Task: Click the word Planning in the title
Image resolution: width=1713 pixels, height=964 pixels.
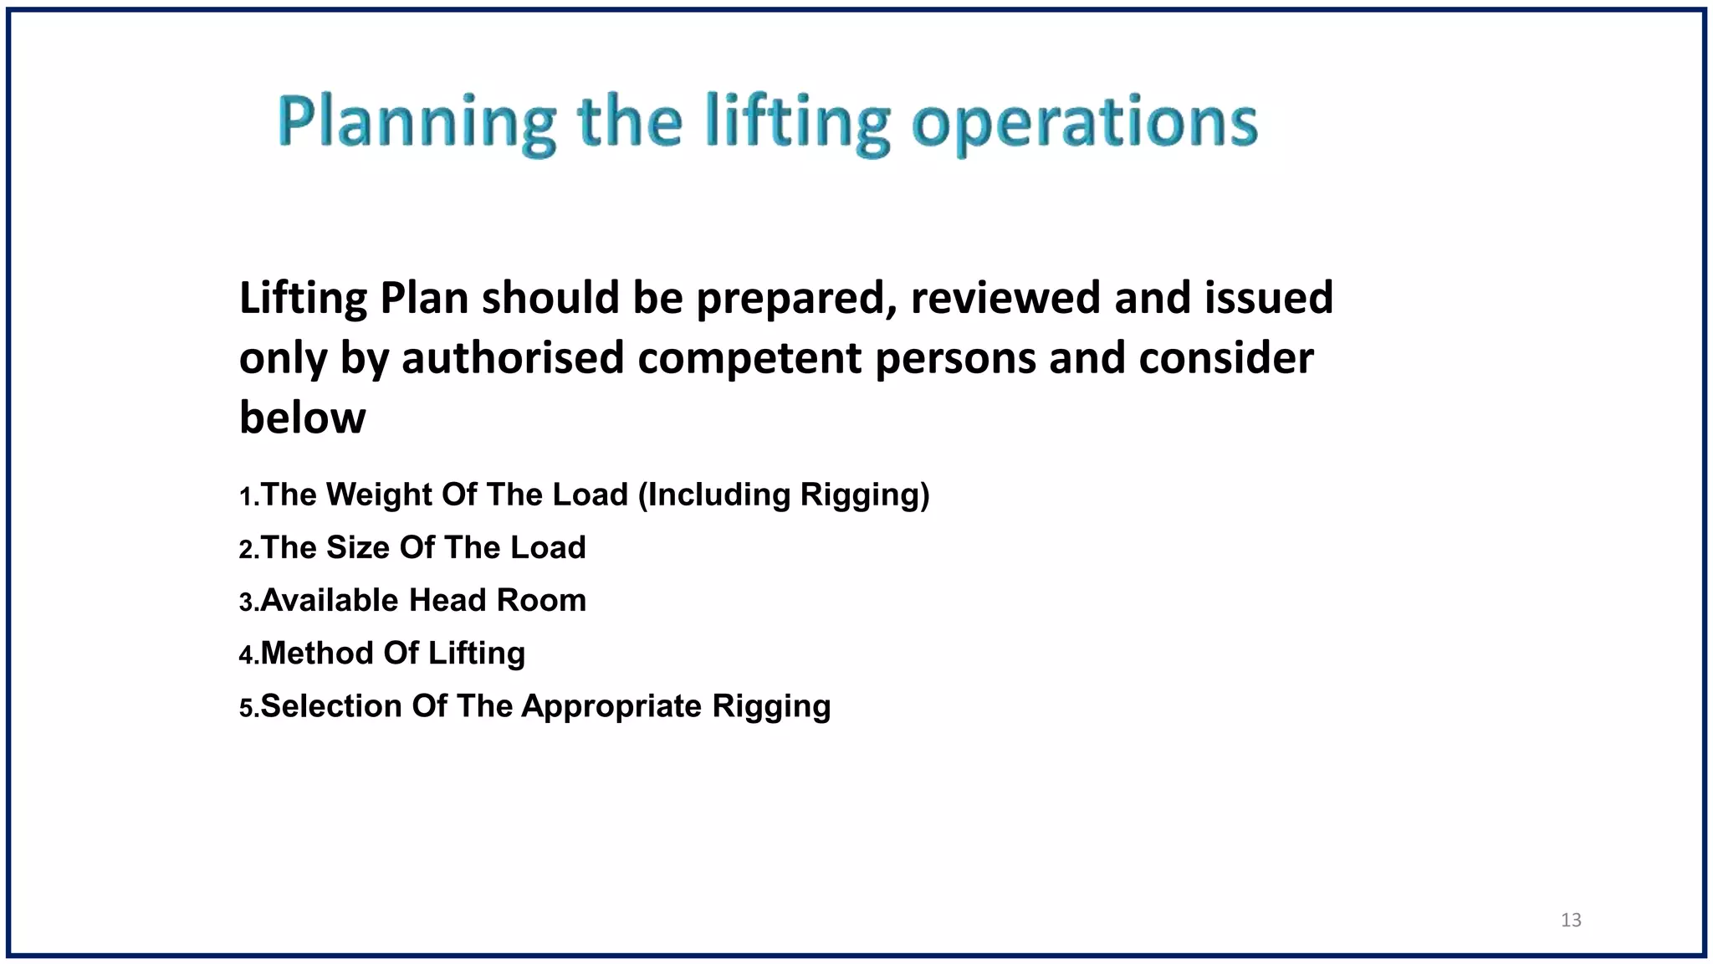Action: point(417,123)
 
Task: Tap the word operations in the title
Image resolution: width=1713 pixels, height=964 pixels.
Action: point(1084,123)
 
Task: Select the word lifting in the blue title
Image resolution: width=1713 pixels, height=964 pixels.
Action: point(796,123)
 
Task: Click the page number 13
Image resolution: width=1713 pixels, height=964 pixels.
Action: point(1571,920)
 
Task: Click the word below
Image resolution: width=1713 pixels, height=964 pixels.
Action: point(302,418)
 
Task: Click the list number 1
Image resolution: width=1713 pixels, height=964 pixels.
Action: point(246,497)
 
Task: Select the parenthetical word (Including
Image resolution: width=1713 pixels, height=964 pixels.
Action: point(714,495)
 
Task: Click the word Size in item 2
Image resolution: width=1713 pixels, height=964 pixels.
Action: point(357,547)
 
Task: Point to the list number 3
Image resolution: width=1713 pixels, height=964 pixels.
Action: point(246,602)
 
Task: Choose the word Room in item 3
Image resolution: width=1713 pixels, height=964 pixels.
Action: point(541,600)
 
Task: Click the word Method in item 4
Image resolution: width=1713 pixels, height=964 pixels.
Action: point(317,653)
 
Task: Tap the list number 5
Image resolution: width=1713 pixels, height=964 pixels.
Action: point(246,709)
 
